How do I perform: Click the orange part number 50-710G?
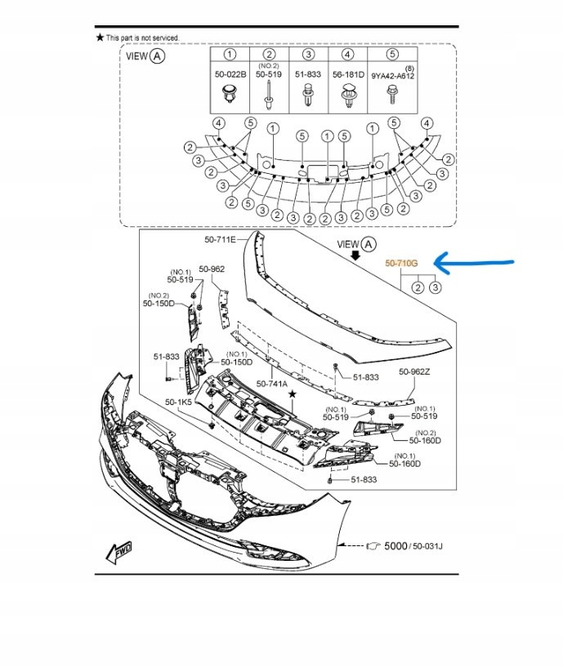(401, 264)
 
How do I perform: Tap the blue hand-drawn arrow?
(474, 263)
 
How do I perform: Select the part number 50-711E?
(220, 240)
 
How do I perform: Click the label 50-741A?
(271, 383)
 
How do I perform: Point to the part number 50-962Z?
(414, 371)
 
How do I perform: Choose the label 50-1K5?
(177, 402)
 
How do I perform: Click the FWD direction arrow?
(118, 554)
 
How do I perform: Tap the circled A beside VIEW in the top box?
(158, 56)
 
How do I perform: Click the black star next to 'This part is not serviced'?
(100, 38)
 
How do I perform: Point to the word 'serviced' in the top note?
(164, 38)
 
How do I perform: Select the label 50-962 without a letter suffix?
(212, 269)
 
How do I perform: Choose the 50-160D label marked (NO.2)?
(426, 440)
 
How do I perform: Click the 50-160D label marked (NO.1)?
(404, 464)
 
